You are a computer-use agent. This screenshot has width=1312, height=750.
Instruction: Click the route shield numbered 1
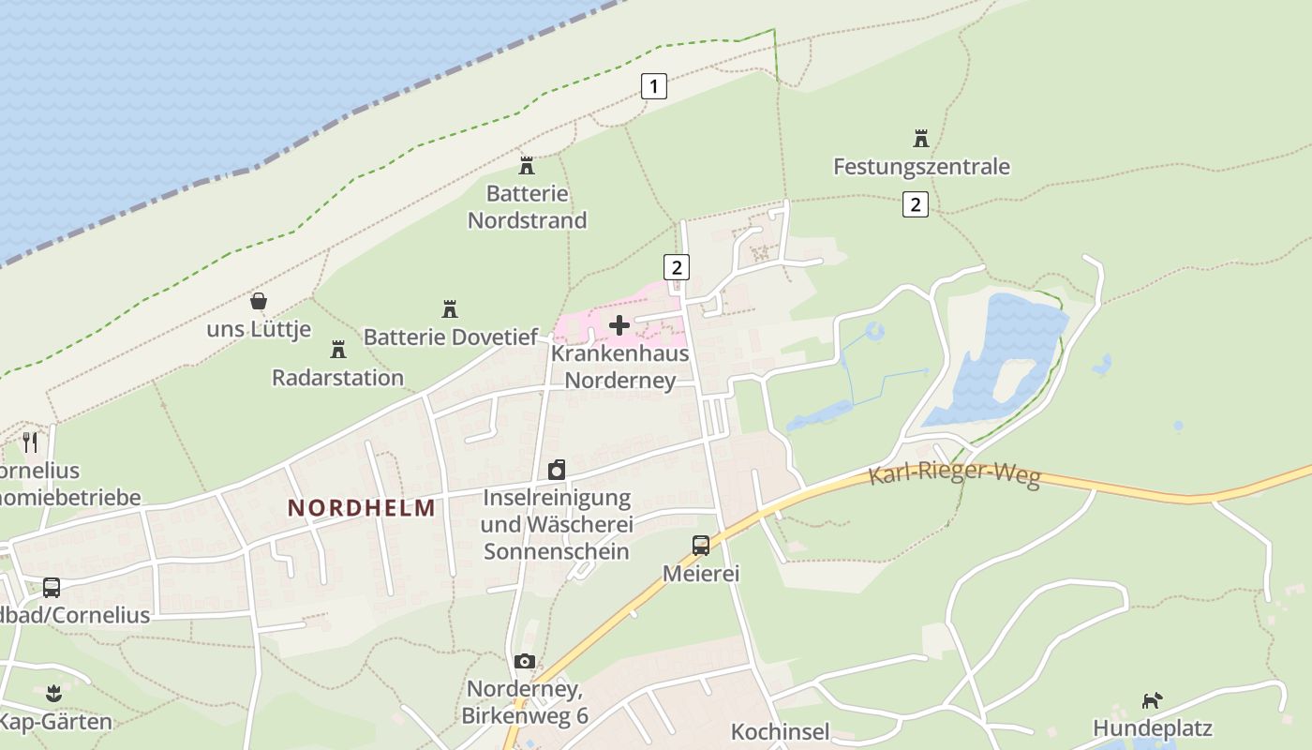(x=653, y=86)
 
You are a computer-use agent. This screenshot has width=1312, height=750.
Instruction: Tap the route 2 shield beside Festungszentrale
(x=915, y=203)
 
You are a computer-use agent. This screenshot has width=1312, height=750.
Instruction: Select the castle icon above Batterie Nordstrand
(x=527, y=166)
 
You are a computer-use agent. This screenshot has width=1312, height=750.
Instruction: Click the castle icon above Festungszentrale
(x=921, y=139)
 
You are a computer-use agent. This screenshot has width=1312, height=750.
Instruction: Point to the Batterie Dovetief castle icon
(x=450, y=308)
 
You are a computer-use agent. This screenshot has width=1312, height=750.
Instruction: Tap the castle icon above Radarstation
(x=338, y=350)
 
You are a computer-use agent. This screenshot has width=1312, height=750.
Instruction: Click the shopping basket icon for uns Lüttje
(x=259, y=301)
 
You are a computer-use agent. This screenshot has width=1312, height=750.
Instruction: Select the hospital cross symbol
(x=619, y=325)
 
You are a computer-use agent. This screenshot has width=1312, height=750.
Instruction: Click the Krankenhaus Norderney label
(x=619, y=367)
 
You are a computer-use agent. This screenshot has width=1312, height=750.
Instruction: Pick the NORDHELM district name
(x=362, y=508)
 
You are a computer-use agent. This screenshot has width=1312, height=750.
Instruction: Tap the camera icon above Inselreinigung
(x=557, y=469)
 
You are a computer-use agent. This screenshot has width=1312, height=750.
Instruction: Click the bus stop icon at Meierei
(x=701, y=545)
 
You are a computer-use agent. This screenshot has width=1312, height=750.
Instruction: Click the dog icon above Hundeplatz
(x=1152, y=700)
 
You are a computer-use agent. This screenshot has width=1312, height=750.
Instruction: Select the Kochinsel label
(x=780, y=731)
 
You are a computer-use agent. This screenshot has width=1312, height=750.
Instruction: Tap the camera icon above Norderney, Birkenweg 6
(x=525, y=661)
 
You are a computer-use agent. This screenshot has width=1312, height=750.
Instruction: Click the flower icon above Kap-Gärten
(x=53, y=695)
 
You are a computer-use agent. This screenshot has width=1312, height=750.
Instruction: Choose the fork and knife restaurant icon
(x=30, y=442)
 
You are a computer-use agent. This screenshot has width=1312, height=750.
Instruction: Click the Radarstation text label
(x=337, y=377)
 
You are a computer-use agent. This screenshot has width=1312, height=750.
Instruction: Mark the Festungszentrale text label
(x=921, y=167)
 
